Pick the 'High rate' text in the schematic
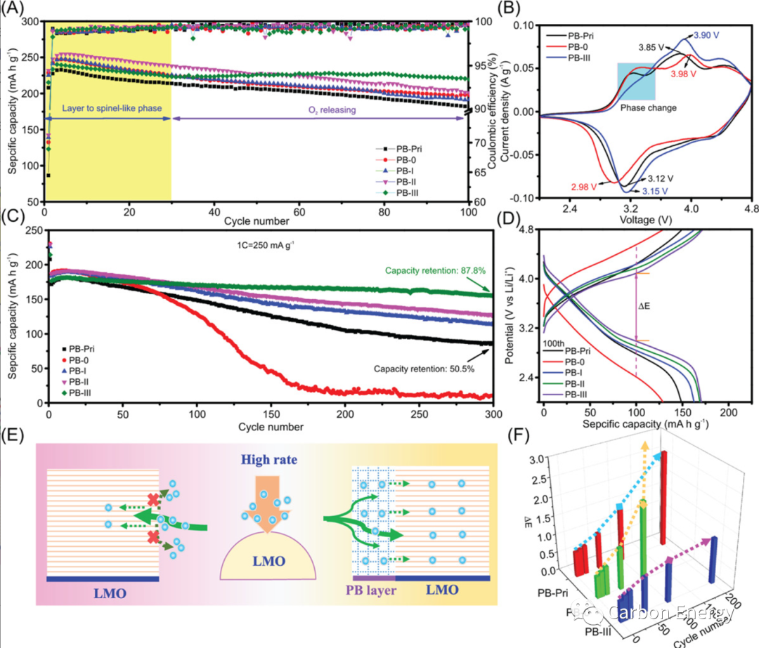270,460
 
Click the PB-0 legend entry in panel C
75,360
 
